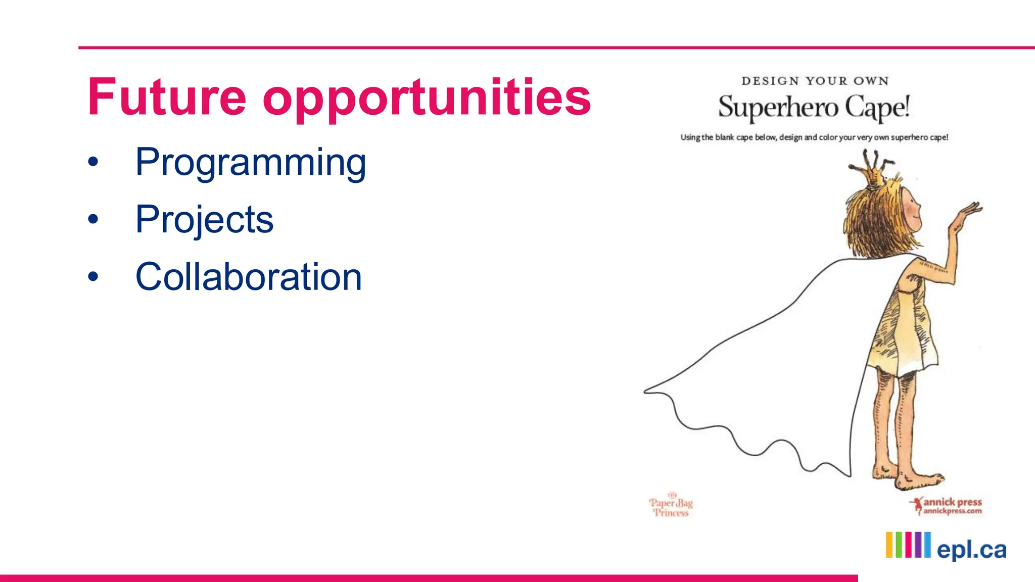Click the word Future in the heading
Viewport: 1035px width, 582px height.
pos(167,97)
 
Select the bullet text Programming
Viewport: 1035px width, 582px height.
pos(251,163)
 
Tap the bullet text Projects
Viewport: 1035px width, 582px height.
pos(204,220)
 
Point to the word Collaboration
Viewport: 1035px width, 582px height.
pos(249,277)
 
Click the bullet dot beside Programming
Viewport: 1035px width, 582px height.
pos(93,163)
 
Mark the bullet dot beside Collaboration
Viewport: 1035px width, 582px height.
pos(93,277)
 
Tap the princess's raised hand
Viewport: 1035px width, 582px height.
pos(968,212)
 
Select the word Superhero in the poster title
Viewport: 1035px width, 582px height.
pos(778,108)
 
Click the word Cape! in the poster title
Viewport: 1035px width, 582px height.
pos(877,108)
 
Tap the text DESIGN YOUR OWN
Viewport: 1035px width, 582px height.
pos(815,81)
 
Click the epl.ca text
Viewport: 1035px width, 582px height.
pos(971,550)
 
